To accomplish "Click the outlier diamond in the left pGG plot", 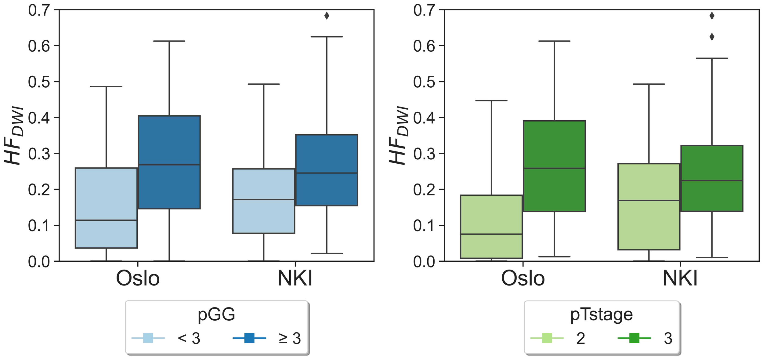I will coord(327,16).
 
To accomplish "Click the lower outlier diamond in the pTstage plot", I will coord(712,37).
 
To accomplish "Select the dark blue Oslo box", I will coord(169,140).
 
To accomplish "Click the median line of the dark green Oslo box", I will coord(554,168).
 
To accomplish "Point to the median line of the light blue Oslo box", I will coord(106,220).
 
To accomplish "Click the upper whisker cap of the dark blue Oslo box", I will coord(169,41).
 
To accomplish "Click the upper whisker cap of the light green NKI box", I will coord(649,84).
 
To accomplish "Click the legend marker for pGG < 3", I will coord(148,338).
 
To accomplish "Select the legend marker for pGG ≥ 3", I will coord(249,338).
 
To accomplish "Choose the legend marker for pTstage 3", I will coord(634,338).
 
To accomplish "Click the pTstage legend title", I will coord(601,315).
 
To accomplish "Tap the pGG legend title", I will coord(216,315).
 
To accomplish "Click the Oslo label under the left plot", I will coord(138,278).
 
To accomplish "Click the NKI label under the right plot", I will coord(680,278).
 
